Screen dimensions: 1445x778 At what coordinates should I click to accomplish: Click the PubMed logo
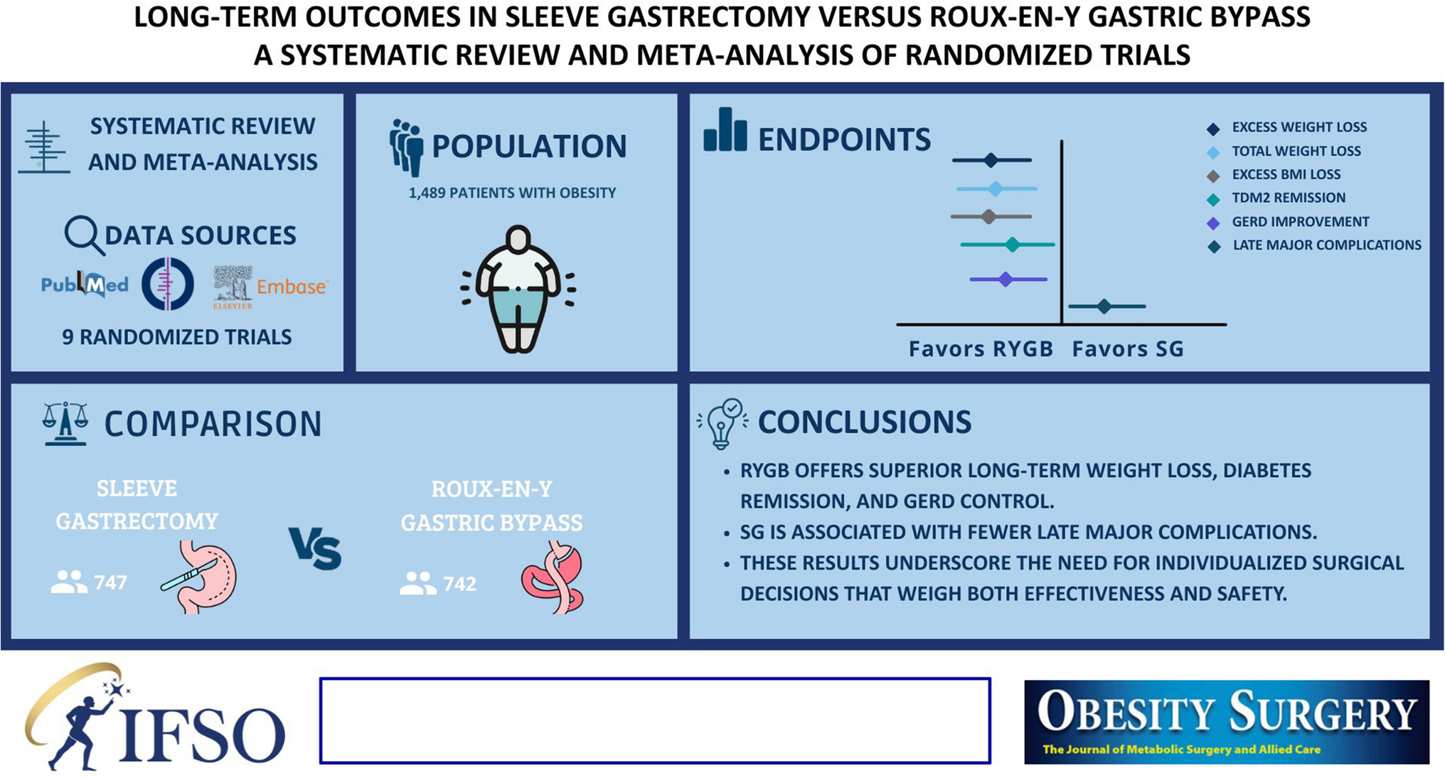click(x=85, y=284)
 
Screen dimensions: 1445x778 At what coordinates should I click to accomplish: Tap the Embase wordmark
click(x=292, y=287)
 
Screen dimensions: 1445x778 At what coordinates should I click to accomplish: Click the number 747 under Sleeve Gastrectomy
click(x=110, y=583)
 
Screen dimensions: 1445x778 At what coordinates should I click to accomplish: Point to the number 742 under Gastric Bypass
click(x=459, y=584)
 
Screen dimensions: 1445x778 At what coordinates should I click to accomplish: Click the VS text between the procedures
click(x=315, y=548)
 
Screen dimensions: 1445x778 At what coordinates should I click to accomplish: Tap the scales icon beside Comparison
click(x=65, y=424)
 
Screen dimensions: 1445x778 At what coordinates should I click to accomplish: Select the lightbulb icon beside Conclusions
click(x=722, y=424)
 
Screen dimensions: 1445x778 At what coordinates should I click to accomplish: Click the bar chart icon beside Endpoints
click(x=725, y=129)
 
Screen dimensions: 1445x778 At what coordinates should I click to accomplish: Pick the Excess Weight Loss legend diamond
click(x=1213, y=129)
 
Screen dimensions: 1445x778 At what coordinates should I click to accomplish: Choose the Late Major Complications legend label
click(x=1327, y=245)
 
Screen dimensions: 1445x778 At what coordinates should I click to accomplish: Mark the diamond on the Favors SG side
click(x=1104, y=307)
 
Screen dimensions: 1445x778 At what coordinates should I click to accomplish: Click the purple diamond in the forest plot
click(x=1005, y=279)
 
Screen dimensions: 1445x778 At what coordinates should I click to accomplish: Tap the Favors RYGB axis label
click(x=981, y=349)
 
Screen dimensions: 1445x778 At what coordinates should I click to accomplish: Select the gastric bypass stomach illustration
click(x=553, y=577)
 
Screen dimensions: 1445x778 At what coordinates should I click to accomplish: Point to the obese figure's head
click(x=518, y=239)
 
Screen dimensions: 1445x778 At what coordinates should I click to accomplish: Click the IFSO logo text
click(x=203, y=734)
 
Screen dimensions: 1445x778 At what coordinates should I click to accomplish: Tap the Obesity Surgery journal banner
click(x=1227, y=722)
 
